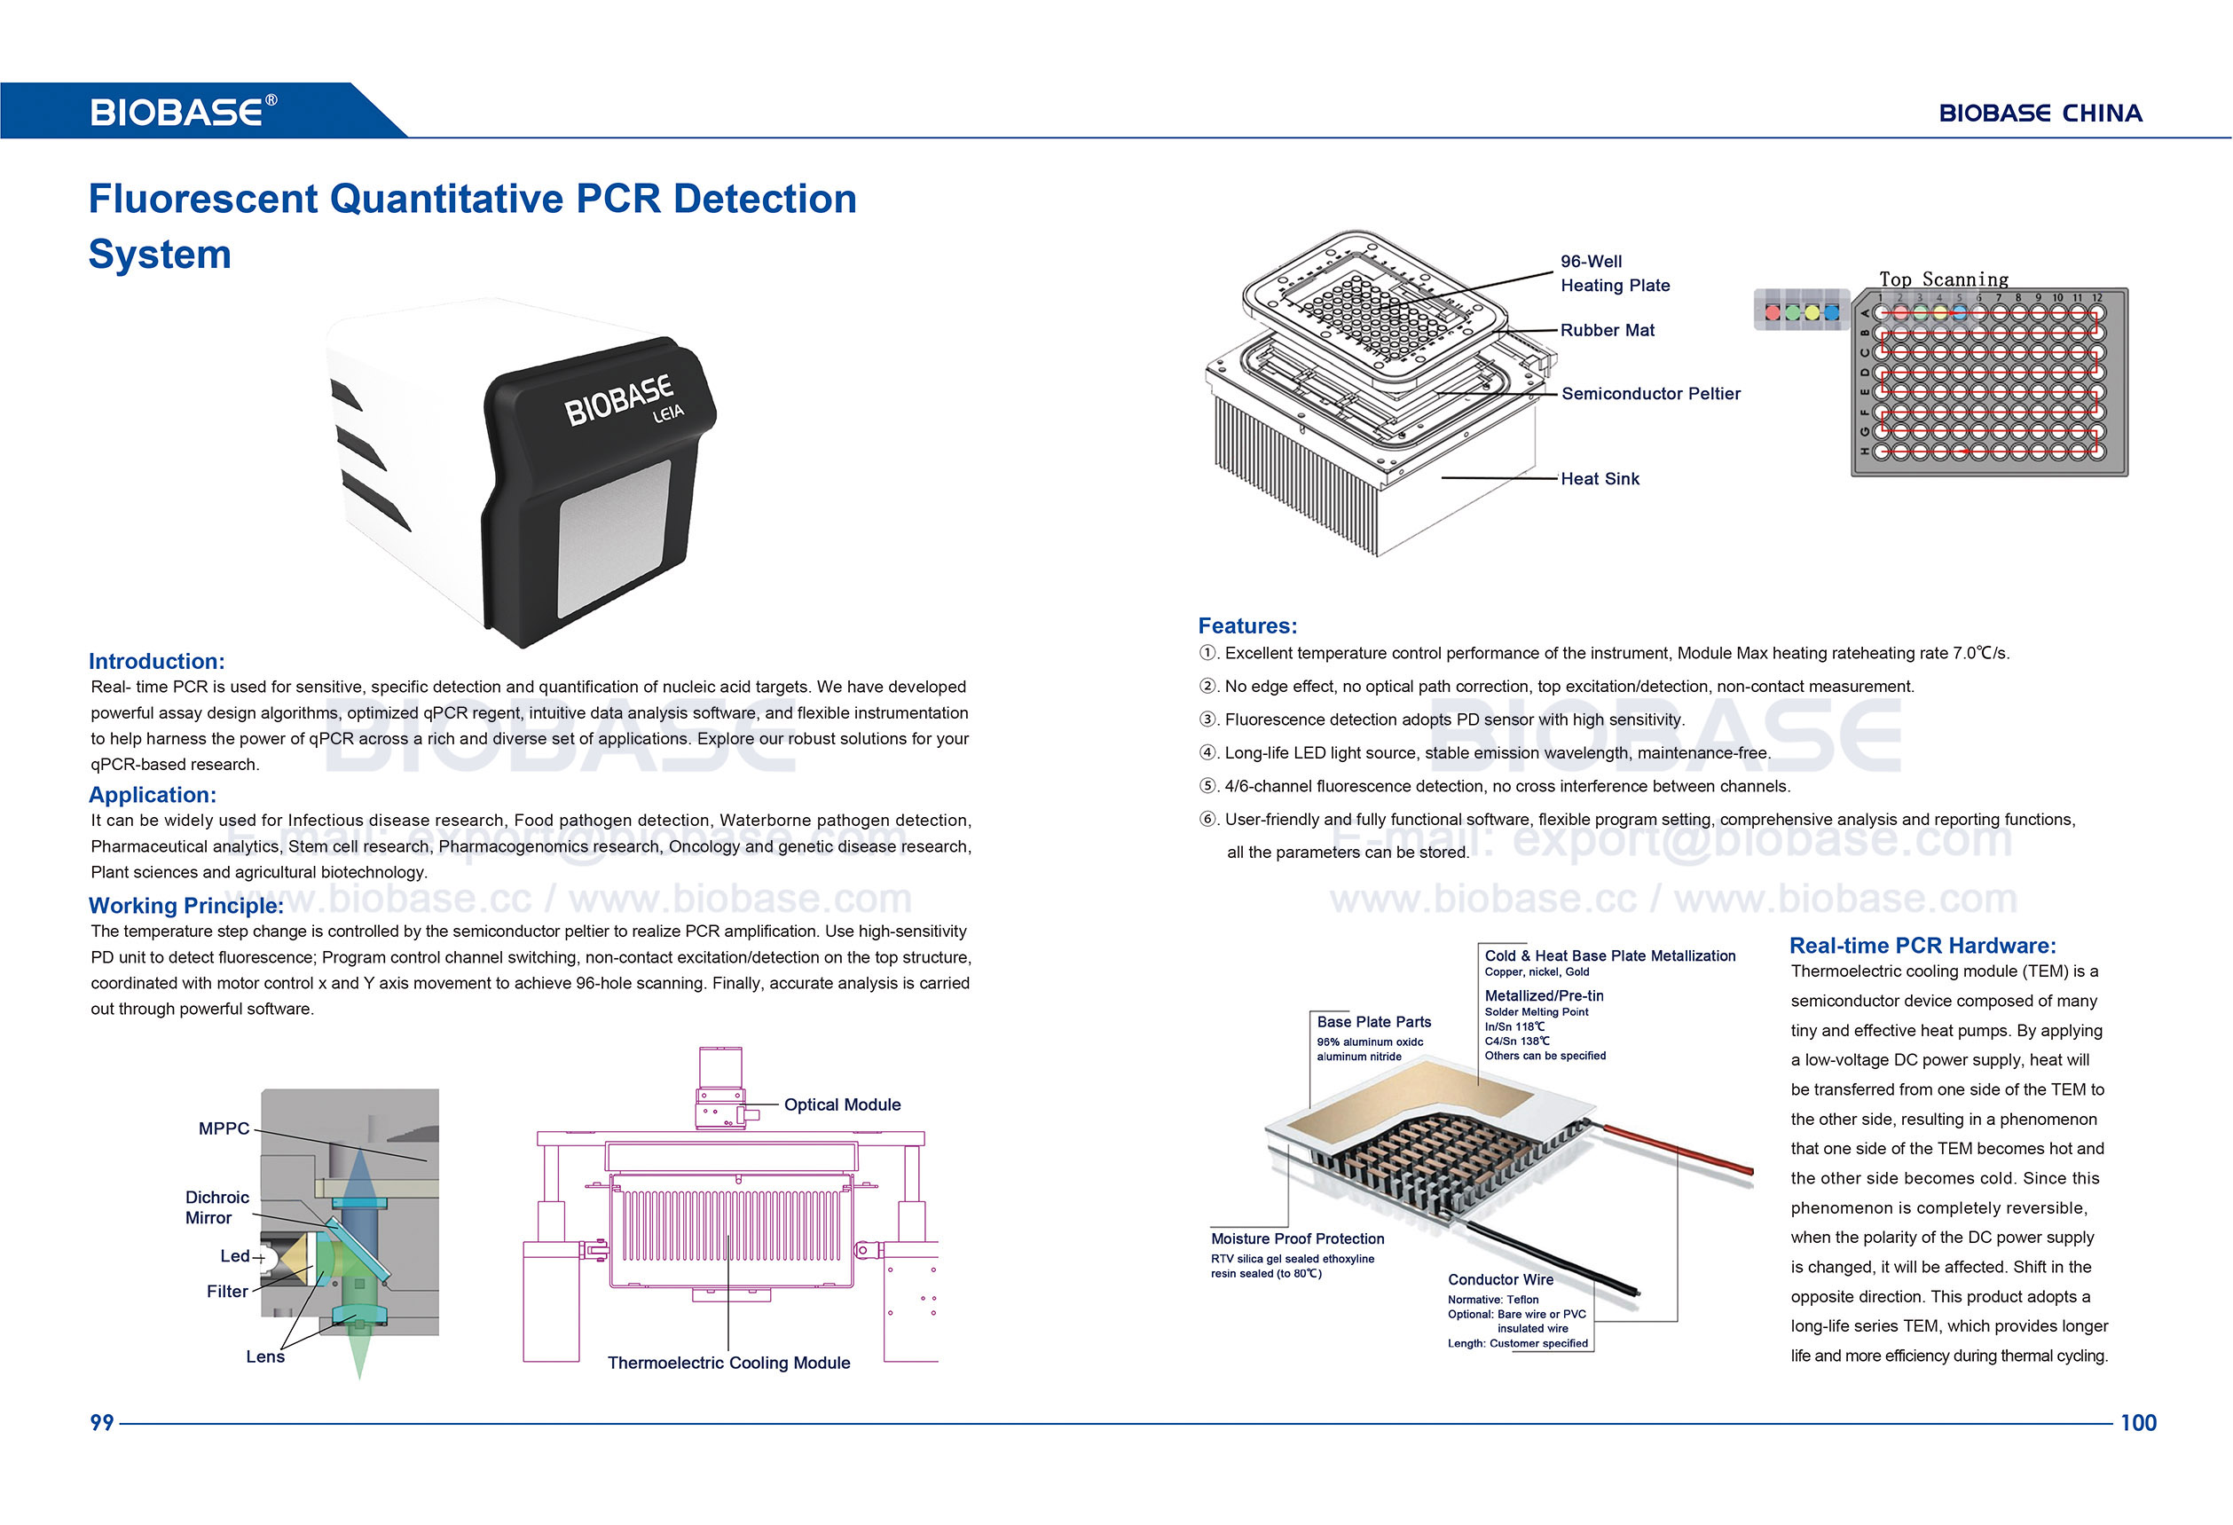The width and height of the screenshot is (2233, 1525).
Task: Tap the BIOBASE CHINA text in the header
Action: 2040,114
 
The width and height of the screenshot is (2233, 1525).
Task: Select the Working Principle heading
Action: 185,905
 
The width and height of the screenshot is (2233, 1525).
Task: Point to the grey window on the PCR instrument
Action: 614,538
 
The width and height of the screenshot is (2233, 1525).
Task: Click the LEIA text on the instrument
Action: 669,413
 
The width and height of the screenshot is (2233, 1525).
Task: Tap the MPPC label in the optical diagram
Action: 223,1128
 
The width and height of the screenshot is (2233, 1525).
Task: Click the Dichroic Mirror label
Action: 216,1207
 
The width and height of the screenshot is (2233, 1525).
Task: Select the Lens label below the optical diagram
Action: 265,1356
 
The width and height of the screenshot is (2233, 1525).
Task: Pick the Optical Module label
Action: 842,1104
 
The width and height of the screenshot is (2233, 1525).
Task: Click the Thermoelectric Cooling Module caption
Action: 728,1363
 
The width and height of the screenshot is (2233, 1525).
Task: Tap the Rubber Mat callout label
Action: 1607,330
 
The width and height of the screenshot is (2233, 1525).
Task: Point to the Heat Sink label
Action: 1600,478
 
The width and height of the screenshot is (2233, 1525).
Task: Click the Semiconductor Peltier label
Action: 1650,393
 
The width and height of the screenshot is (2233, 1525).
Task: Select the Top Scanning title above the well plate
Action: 1943,279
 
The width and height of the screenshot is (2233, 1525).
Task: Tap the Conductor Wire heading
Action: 1500,1279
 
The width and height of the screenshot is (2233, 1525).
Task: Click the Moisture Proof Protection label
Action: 1297,1238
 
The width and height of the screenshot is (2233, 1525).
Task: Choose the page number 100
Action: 2138,1422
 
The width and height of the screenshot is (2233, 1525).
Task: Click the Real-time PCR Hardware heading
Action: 1922,945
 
